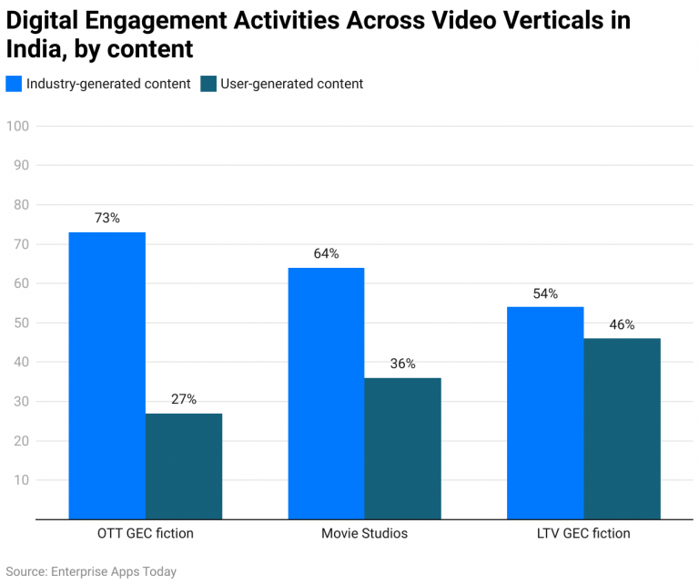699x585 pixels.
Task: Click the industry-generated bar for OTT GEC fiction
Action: click(x=106, y=375)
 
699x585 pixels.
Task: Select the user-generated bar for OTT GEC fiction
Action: click(x=184, y=467)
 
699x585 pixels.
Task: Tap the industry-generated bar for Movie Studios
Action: click(x=326, y=394)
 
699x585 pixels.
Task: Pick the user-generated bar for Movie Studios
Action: click(x=403, y=448)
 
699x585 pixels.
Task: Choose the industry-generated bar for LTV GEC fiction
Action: click(x=545, y=413)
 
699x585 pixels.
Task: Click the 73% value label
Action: click(x=106, y=219)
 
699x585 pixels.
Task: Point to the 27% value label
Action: click(x=184, y=399)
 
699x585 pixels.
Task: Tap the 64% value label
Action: click(x=326, y=254)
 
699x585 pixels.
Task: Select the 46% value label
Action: click(x=623, y=324)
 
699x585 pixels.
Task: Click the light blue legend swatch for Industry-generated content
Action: click(x=14, y=84)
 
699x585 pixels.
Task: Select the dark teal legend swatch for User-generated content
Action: click(x=208, y=84)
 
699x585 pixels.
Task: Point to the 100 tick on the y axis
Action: click(x=18, y=126)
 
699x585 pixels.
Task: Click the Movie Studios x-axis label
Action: click(x=364, y=533)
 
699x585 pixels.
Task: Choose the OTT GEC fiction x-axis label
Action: click(x=145, y=533)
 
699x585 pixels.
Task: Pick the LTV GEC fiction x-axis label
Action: click(x=583, y=533)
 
